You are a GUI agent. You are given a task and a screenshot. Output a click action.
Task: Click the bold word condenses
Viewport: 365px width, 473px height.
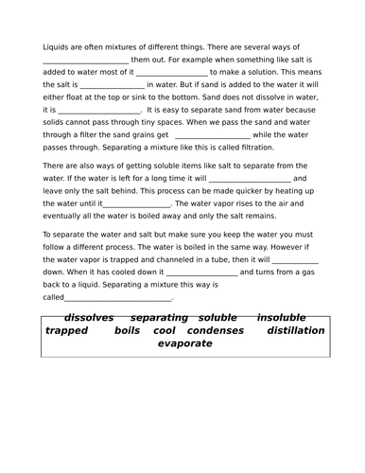[x=215, y=330]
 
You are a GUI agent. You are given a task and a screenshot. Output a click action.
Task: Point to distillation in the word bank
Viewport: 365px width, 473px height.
[x=295, y=330]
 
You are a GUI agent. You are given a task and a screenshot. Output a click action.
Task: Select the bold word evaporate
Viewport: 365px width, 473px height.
[x=184, y=343]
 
